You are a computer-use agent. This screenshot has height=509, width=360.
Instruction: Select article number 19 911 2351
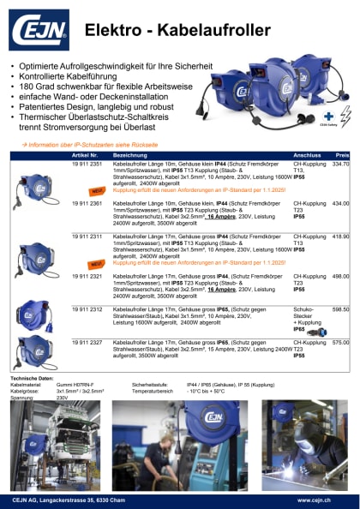click(87, 163)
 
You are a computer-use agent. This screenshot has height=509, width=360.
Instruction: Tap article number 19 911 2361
click(87, 203)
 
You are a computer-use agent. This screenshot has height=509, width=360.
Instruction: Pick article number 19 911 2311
click(87, 235)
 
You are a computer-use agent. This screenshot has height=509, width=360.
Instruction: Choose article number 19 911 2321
click(87, 276)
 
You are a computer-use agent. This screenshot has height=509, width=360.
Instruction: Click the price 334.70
click(340, 163)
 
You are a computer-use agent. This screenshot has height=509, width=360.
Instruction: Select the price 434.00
click(340, 203)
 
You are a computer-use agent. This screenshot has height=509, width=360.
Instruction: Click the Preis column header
click(342, 155)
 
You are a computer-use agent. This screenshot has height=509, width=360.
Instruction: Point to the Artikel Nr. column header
click(90, 155)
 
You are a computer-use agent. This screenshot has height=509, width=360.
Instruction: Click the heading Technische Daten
click(31, 376)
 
